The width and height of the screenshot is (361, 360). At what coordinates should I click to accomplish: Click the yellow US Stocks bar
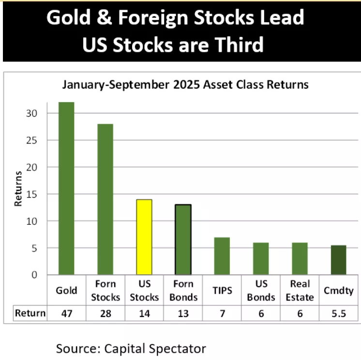[x=144, y=237]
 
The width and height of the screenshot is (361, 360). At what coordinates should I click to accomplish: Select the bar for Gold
[x=66, y=188]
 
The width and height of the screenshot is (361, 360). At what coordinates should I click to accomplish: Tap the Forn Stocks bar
[x=105, y=199]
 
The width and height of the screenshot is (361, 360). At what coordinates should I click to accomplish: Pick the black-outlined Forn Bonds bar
[x=183, y=239]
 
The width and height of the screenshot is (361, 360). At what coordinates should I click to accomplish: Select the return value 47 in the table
[x=66, y=313]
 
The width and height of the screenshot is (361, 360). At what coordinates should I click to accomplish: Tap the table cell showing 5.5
[x=339, y=313]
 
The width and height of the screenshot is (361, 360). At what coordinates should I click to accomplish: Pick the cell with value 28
[x=105, y=313]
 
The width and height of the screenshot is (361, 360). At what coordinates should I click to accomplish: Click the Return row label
[x=30, y=313]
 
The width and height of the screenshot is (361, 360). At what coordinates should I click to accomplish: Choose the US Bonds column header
[x=261, y=290]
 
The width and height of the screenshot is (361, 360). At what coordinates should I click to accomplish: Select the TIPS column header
[x=222, y=290]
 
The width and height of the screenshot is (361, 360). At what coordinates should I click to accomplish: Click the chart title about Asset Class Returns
[x=185, y=85]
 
